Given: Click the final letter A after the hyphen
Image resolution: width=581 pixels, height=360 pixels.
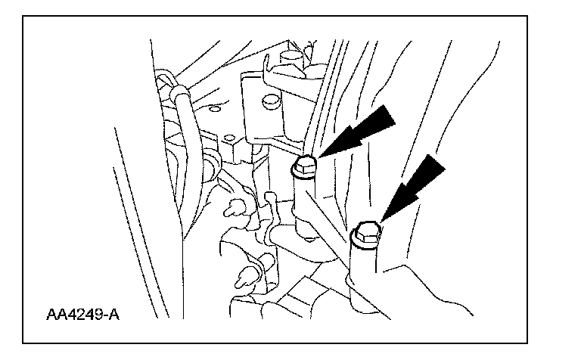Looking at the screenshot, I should (113, 312).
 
